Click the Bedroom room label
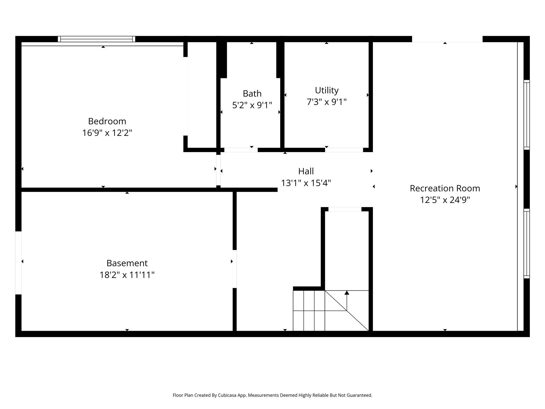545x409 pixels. point(107,121)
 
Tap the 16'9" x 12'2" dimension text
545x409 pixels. point(107,133)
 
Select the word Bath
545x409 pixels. point(252,93)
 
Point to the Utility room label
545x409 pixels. point(327,90)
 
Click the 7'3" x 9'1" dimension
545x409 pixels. point(327,102)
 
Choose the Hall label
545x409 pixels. point(306,171)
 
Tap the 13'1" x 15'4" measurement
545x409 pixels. point(306,183)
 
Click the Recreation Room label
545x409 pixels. point(445,188)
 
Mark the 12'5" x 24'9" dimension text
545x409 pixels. point(445,200)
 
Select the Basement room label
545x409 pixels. point(127,263)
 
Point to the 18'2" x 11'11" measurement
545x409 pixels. point(127,275)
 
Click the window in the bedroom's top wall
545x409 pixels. point(96,39)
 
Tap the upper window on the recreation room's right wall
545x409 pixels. point(526,114)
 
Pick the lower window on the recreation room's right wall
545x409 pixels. point(526,243)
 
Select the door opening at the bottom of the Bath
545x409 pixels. point(241,150)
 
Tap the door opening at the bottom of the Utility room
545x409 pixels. point(344,150)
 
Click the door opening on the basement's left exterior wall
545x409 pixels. point(18,263)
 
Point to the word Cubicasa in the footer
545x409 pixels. point(228,395)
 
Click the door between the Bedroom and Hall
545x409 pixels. point(218,170)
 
